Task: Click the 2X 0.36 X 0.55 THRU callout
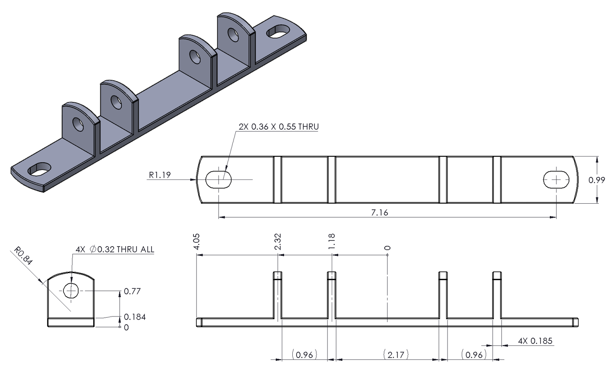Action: click(x=278, y=127)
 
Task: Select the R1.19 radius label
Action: click(x=160, y=175)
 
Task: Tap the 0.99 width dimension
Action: click(x=597, y=179)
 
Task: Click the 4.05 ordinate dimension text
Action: click(x=197, y=241)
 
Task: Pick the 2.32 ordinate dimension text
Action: click(x=278, y=241)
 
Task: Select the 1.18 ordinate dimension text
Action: click(x=332, y=241)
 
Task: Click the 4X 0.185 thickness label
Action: click(x=535, y=341)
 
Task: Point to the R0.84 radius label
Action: click(x=24, y=256)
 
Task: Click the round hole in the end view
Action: click(x=71, y=290)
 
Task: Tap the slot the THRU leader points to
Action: click(x=219, y=179)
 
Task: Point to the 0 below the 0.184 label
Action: click(x=126, y=328)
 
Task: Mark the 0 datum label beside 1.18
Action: click(x=387, y=248)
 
